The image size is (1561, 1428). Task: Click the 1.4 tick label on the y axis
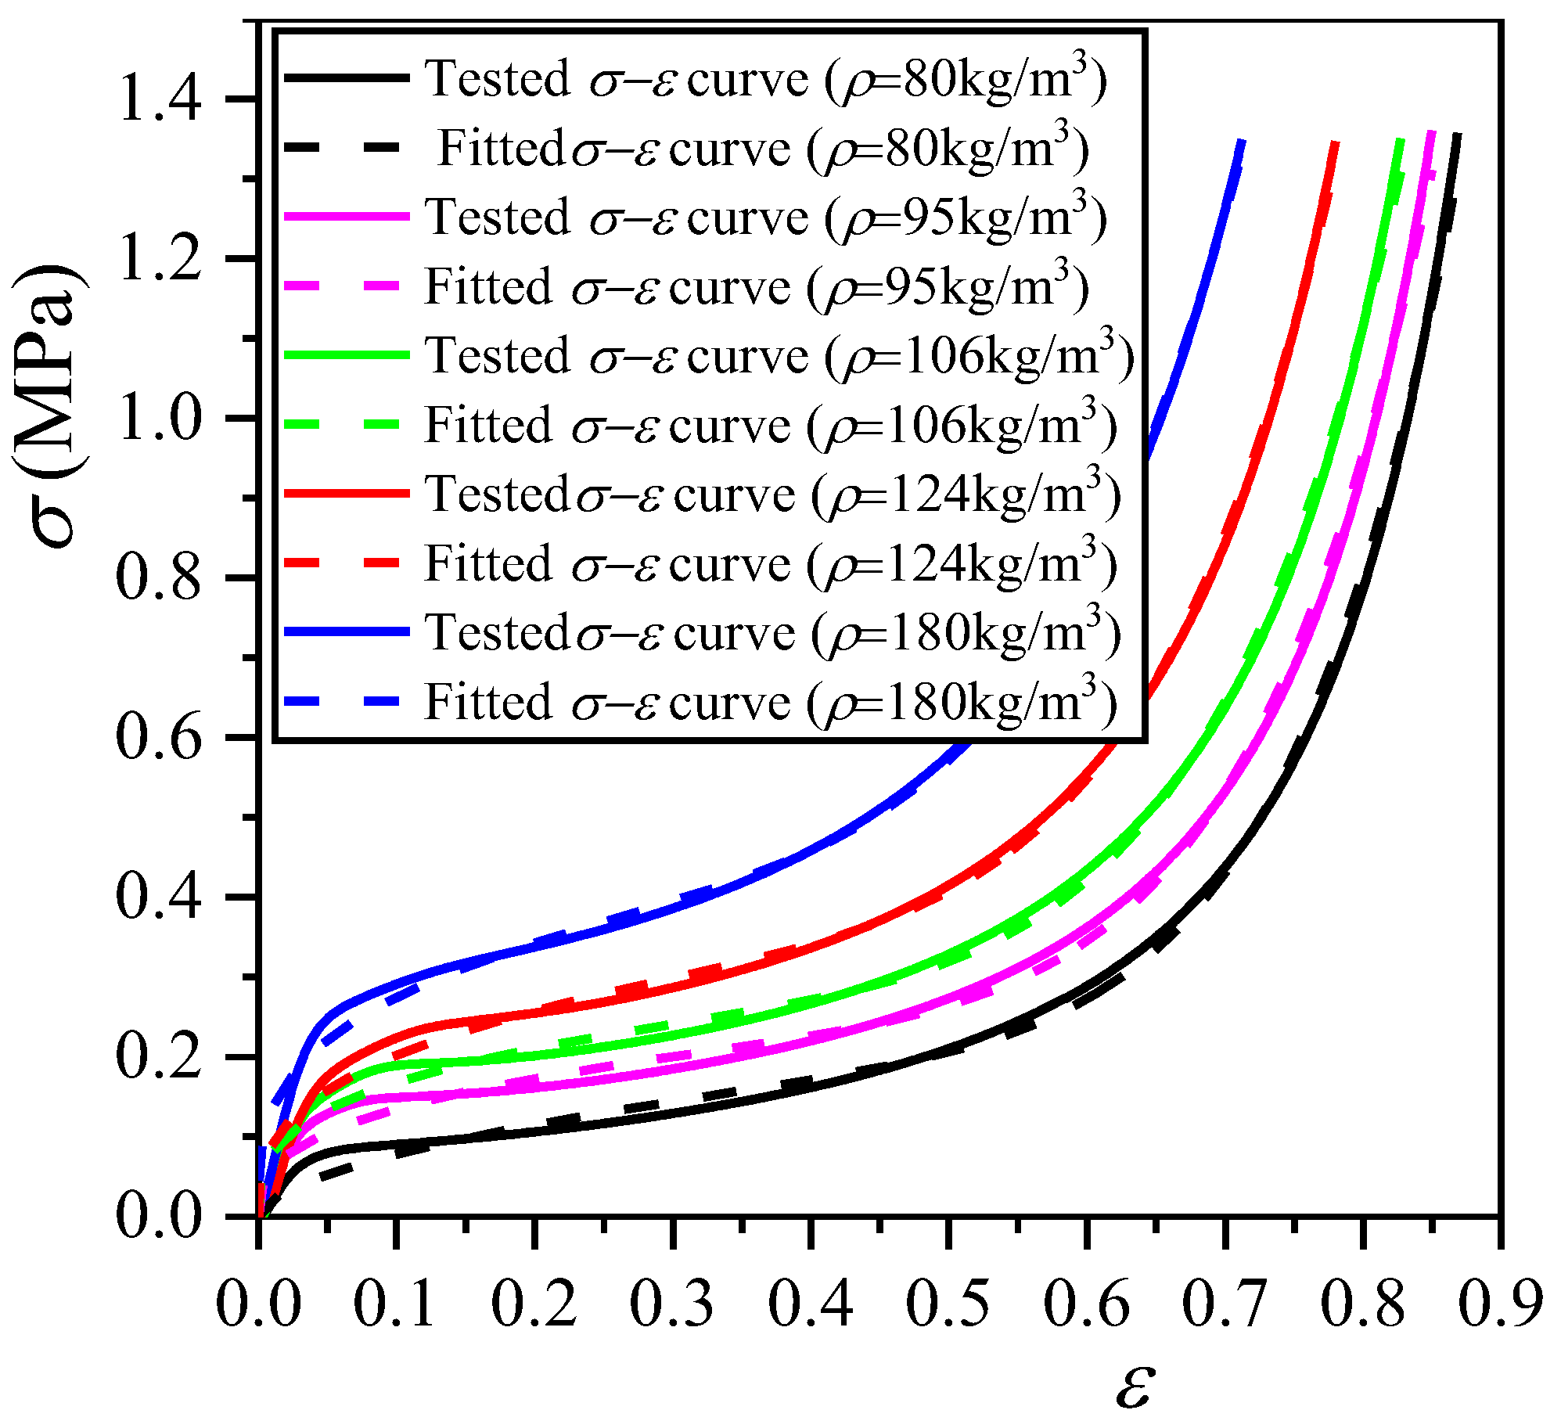[x=160, y=99]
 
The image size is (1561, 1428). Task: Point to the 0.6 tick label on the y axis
[x=160, y=736]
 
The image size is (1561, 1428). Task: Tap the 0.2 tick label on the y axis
[x=160, y=1056]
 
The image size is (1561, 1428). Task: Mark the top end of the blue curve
[x=1241, y=141]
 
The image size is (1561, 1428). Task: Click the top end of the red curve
[x=1336, y=142]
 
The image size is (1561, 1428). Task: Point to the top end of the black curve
[x=1457, y=135]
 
